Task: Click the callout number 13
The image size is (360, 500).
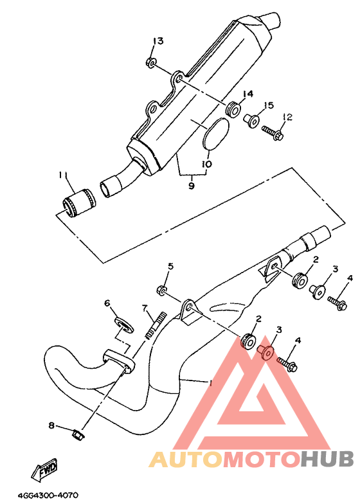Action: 158,41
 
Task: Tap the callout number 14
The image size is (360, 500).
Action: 248,94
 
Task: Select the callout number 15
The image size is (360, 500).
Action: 268,105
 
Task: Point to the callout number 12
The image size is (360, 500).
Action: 287,117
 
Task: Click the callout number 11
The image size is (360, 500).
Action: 63,175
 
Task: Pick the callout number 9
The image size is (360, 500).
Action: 191,185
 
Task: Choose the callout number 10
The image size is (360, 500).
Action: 206,164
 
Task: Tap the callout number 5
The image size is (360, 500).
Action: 171,265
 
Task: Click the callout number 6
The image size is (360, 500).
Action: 107,303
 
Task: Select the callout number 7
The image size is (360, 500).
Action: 145,308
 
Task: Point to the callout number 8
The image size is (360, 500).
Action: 51,425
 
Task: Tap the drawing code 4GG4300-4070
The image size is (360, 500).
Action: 48,496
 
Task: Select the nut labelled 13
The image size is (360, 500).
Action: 150,62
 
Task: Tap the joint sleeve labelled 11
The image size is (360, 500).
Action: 78,203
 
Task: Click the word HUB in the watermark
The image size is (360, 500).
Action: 327,459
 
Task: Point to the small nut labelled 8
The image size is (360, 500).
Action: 78,435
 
